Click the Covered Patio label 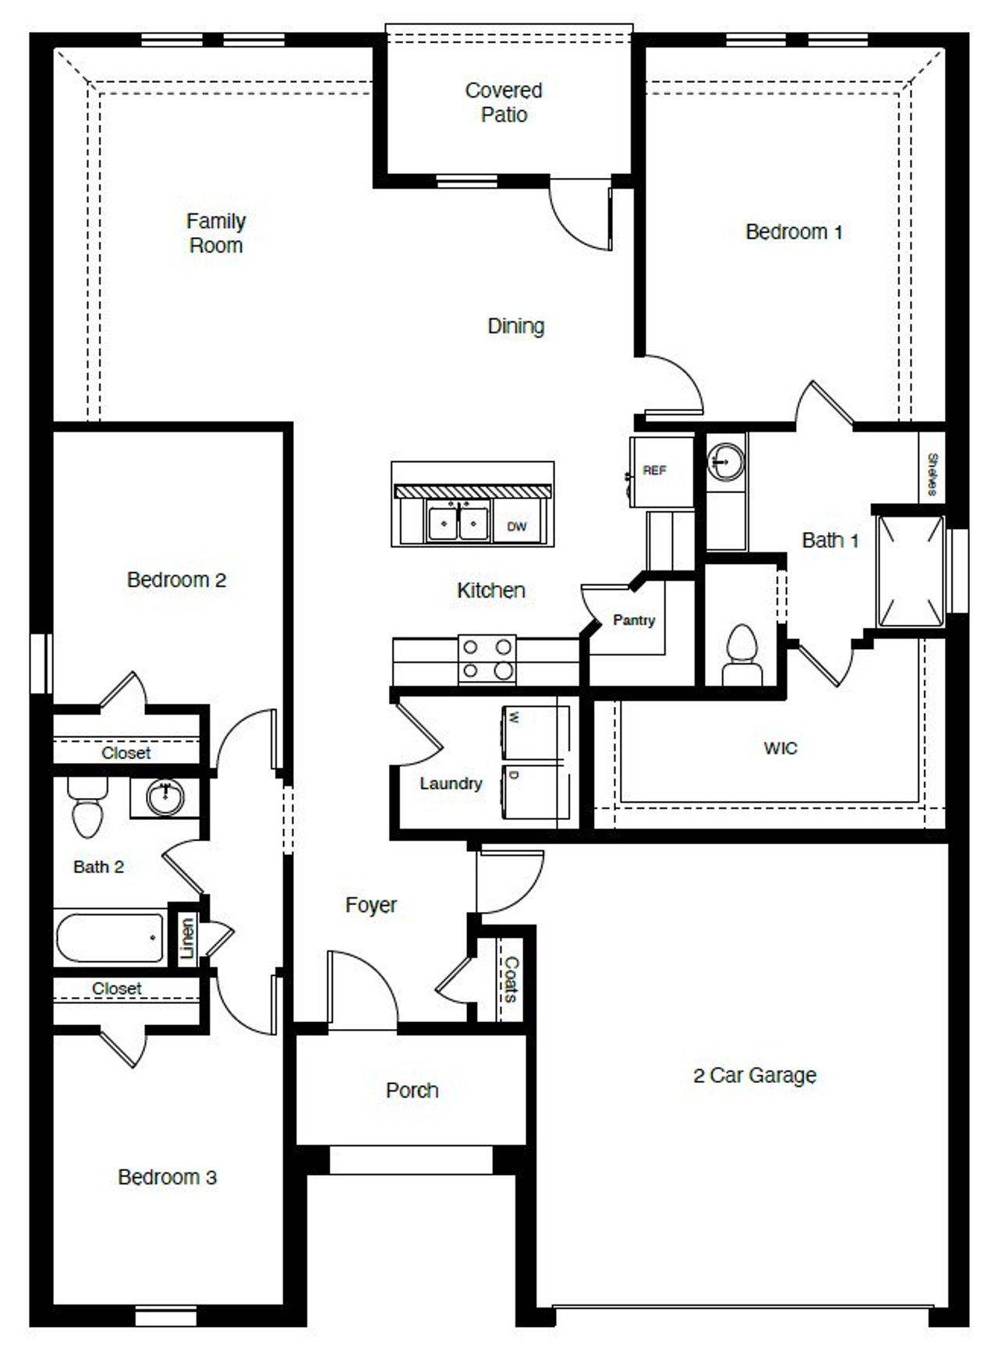pyautogui.click(x=503, y=102)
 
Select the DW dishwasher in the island pyautogui.click(x=518, y=526)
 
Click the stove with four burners pyautogui.click(x=487, y=659)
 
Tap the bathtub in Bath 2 pyautogui.click(x=110, y=936)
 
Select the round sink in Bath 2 pyautogui.click(x=165, y=797)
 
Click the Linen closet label pyautogui.click(x=187, y=939)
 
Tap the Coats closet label pyautogui.click(x=511, y=979)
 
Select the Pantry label pyautogui.click(x=633, y=620)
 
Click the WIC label pyautogui.click(x=780, y=748)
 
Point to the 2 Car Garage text pyautogui.click(x=754, y=1075)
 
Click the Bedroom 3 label pyautogui.click(x=167, y=1176)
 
